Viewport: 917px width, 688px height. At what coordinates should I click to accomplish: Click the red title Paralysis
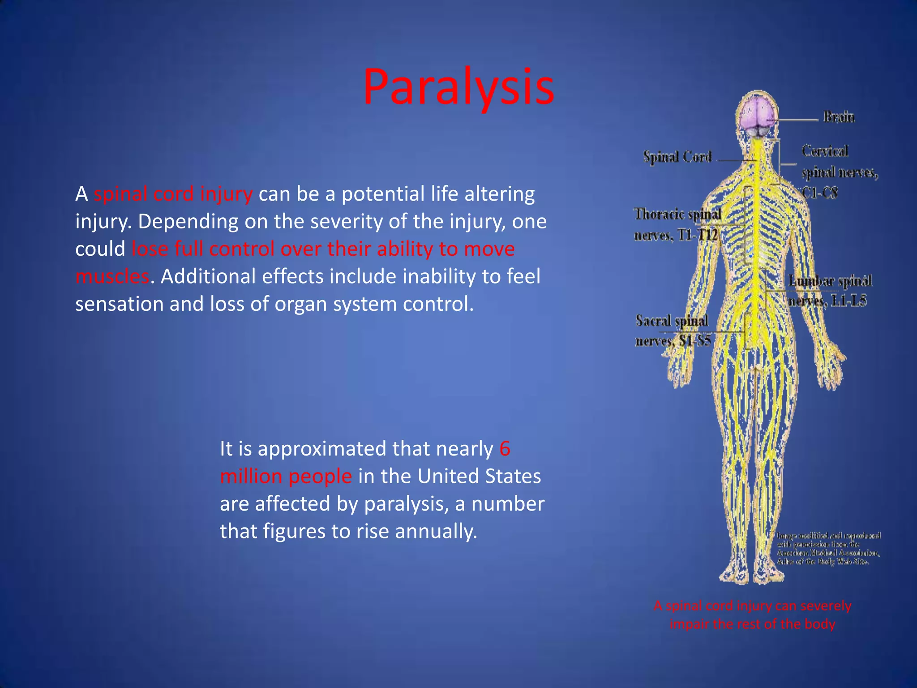click(x=458, y=87)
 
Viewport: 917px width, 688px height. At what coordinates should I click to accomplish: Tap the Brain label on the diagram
click(x=839, y=117)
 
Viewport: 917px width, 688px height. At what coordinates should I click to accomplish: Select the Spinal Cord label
click(x=677, y=157)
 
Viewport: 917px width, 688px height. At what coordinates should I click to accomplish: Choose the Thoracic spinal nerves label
click(x=677, y=224)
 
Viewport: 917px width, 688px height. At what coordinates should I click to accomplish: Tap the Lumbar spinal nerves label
click(x=829, y=291)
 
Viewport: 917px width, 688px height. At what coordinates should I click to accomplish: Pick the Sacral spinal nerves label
click(x=673, y=331)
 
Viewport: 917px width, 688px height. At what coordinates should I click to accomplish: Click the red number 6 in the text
click(x=505, y=448)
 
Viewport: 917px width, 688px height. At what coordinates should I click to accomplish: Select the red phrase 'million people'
click(x=286, y=476)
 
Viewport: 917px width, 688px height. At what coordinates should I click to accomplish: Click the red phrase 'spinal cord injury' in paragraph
click(x=173, y=194)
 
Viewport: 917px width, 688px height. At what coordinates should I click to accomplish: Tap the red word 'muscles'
click(x=112, y=276)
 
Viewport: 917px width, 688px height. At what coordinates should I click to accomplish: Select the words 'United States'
click(x=479, y=476)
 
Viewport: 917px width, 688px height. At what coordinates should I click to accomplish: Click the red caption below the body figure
click(x=752, y=615)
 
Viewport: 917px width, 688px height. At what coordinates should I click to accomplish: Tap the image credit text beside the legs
click(x=828, y=548)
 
